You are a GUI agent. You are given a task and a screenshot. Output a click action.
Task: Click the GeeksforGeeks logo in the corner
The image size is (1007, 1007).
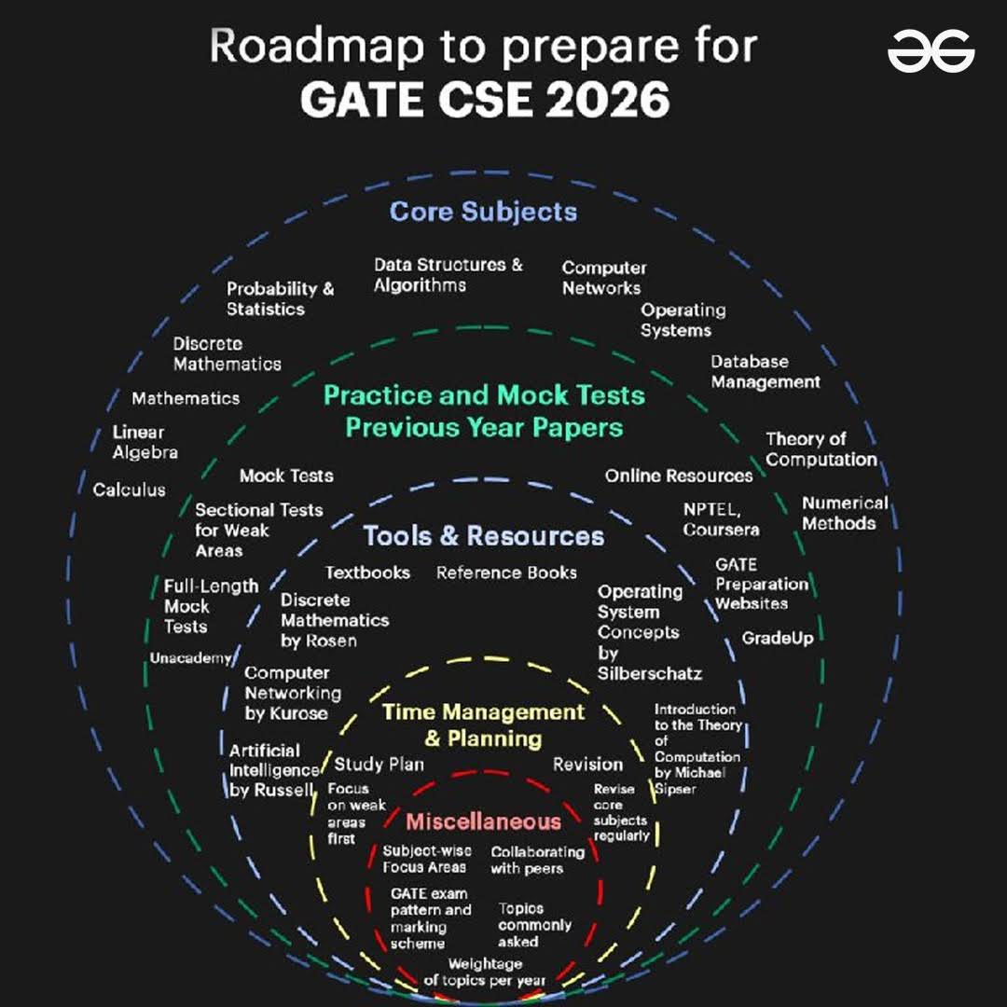click(x=931, y=50)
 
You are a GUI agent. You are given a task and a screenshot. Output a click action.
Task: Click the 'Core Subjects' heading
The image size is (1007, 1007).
click(x=483, y=213)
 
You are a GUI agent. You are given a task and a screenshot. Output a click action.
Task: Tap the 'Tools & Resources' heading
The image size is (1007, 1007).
click(x=484, y=535)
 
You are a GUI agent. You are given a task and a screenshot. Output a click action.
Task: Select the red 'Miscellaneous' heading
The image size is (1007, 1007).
click(x=484, y=821)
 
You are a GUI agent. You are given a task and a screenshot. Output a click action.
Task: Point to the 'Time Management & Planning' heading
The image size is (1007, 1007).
click(x=483, y=725)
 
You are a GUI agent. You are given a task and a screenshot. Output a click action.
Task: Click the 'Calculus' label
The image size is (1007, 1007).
click(x=129, y=490)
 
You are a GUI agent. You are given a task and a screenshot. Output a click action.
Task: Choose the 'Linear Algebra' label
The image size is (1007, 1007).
click(x=145, y=442)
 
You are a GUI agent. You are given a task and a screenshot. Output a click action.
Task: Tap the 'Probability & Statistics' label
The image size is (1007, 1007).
click(x=280, y=298)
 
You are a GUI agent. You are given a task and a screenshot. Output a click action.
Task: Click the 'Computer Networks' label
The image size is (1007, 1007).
click(x=604, y=278)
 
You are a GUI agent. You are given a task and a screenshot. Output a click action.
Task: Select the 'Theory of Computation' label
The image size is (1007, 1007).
click(x=821, y=448)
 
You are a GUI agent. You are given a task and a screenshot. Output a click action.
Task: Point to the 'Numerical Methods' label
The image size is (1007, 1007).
click(x=845, y=513)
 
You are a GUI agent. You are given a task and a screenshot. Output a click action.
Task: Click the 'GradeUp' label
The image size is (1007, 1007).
click(x=778, y=639)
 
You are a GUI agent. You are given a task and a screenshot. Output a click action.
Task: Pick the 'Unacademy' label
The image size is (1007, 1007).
click(x=190, y=658)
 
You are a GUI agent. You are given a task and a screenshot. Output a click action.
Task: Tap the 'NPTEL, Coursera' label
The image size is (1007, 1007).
click(x=721, y=519)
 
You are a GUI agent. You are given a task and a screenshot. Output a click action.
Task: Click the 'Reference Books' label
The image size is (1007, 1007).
click(x=506, y=572)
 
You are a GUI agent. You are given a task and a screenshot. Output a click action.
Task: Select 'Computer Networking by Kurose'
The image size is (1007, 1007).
click(x=293, y=693)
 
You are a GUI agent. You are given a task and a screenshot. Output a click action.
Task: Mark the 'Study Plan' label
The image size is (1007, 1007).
click(x=379, y=765)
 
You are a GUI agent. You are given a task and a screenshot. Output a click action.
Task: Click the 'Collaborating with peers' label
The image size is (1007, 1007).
click(x=538, y=860)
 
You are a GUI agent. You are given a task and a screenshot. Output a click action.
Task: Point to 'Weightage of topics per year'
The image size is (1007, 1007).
click(x=485, y=973)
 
